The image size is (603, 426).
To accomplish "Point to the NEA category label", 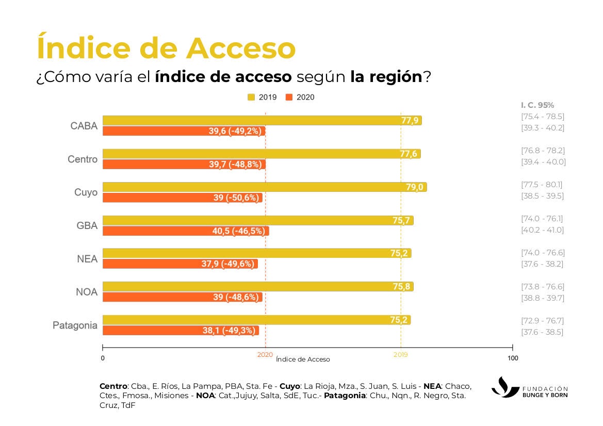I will coord(87,259).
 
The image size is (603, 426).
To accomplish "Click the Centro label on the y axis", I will coord(83,159).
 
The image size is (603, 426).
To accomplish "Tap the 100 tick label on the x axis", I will coord(512,358).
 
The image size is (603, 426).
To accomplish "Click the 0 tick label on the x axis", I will coord(103,358).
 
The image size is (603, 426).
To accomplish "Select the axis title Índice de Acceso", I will coord(303,359).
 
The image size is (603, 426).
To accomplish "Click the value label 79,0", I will coord(414,187).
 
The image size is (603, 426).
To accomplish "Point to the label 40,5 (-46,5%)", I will coord(238,231).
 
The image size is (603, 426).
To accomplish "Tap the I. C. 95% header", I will coord(537,105).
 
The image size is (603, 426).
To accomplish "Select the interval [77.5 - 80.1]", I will coord(542,184).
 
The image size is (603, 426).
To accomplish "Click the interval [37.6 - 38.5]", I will coord(542,332).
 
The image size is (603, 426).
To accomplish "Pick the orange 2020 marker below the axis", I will coord(265,355).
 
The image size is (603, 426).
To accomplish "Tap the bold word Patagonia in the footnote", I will coord(345,396).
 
